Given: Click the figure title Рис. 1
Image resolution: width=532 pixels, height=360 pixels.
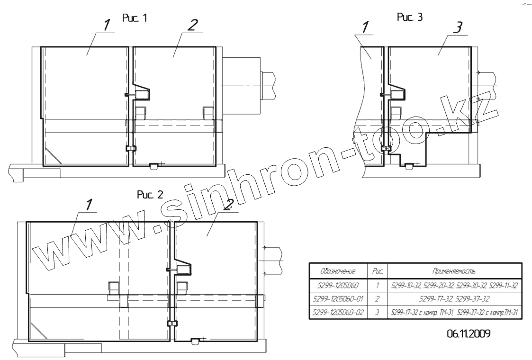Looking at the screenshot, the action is click(135, 18).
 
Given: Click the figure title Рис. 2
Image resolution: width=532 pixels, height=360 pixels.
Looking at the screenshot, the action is click(150, 195).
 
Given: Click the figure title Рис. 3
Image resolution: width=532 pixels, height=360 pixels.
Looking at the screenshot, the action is click(410, 18).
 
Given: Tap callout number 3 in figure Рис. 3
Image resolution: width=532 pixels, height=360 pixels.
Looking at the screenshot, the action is click(458, 27).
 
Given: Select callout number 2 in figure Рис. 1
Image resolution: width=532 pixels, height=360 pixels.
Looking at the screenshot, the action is click(192, 25).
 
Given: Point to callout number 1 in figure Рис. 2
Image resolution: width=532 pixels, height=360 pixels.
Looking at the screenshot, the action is click(89, 205).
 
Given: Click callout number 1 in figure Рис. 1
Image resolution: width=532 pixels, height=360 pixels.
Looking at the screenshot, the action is click(107, 26).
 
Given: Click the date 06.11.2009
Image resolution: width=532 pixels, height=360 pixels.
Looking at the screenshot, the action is click(468, 334).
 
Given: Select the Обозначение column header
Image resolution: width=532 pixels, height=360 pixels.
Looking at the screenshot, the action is click(338, 271).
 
